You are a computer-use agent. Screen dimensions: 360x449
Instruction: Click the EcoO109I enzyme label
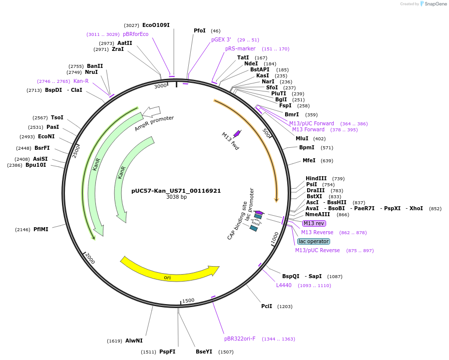pyautogui.click(x=156, y=25)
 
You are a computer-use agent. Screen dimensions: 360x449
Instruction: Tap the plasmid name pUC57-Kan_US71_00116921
pyautogui.click(x=176, y=191)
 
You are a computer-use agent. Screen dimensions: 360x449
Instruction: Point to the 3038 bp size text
pyautogui.click(x=176, y=197)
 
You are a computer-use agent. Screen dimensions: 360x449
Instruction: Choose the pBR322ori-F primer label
pyautogui.click(x=240, y=339)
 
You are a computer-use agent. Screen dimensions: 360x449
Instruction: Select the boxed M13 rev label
pyautogui.click(x=314, y=223)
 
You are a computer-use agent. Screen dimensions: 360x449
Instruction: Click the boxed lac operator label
pyautogui.click(x=314, y=241)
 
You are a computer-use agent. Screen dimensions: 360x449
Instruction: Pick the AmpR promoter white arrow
pyautogui.click(x=151, y=111)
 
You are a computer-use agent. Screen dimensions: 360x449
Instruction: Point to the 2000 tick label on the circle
pyautogui.click(x=90, y=258)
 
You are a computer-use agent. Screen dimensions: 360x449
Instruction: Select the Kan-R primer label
pyautogui.click(x=81, y=81)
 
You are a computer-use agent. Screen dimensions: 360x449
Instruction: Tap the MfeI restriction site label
pyautogui.click(x=309, y=161)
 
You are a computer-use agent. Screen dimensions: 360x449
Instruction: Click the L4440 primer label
pyautogui.click(x=284, y=286)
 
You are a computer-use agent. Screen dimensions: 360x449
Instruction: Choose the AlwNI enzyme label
pyautogui.click(x=134, y=341)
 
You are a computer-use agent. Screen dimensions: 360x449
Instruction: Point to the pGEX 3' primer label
pyautogui.click(x=221, y=39)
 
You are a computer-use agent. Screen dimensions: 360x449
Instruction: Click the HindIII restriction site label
pyautogui.click(x=316, y=178)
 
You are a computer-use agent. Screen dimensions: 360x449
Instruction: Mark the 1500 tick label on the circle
pyautogui.click(x=188, y=301)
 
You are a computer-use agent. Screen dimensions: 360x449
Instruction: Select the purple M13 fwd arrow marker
pyautogui.click(x=237, y=133)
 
